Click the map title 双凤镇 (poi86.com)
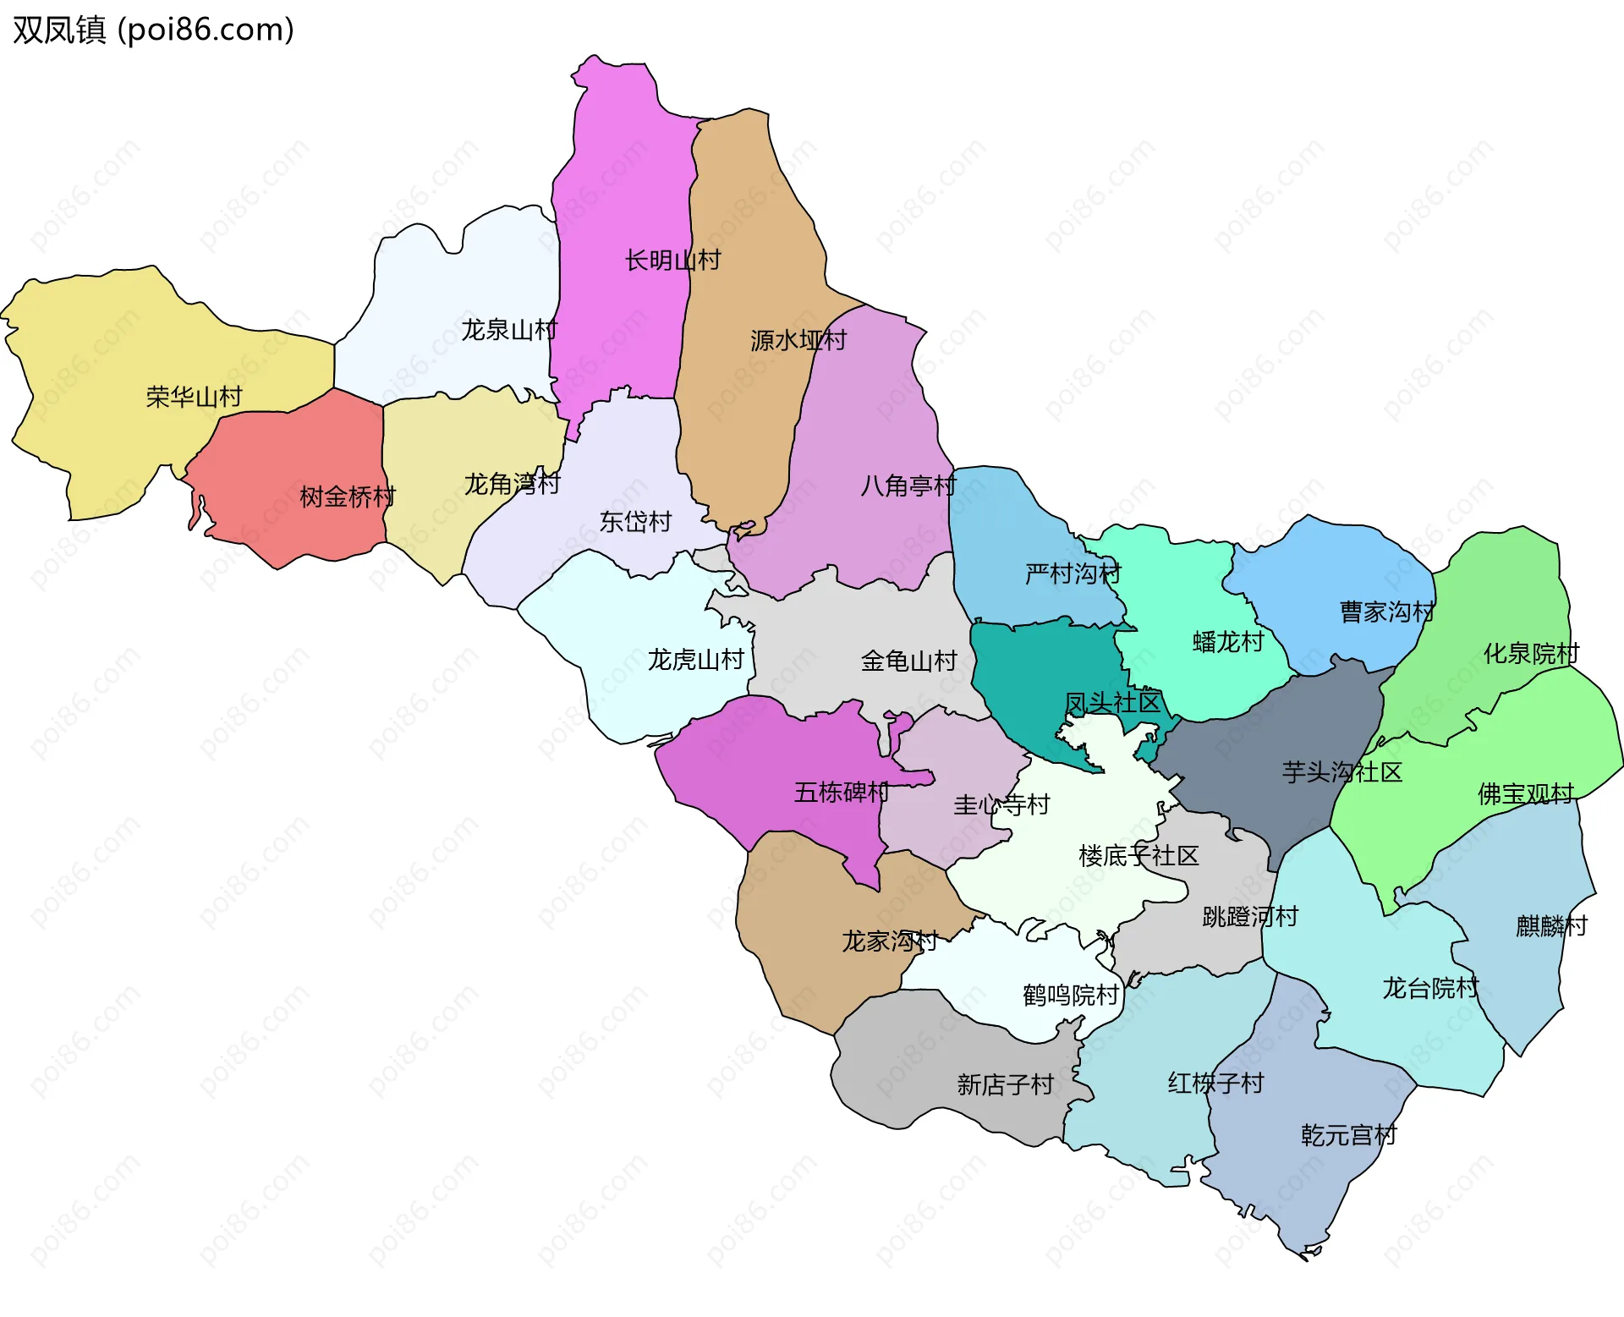153,30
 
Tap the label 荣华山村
194,397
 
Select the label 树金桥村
348,497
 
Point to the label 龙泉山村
509,330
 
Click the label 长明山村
672,261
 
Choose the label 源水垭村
798,340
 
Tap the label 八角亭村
908,486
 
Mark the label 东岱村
635,522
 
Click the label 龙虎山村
695,660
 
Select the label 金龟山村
908,661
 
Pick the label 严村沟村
1073,574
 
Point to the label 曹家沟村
1387,612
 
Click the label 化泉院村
1531,654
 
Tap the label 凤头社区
1112,703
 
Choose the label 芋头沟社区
1342,772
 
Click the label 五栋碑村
842,793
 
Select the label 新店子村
1005,1084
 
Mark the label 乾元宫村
1348,1135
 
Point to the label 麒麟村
1551,926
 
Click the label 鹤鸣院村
1071,995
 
